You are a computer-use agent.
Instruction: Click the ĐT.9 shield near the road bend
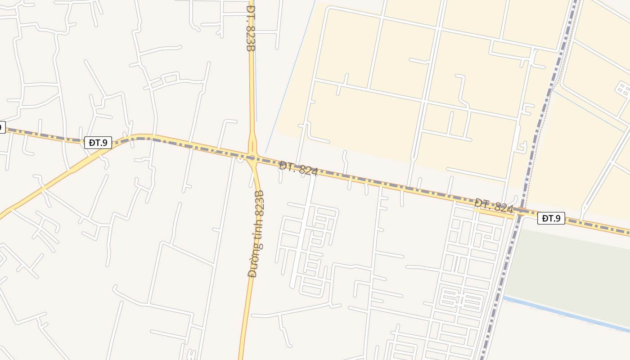98,143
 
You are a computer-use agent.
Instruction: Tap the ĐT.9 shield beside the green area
551,218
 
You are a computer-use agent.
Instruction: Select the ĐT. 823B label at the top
251,28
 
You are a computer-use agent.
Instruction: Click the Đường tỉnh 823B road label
256,234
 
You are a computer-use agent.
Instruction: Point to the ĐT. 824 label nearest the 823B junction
298,169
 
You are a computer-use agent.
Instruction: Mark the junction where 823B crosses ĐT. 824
252,158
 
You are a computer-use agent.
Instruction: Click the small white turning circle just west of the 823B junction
241,159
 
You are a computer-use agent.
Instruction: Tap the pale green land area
571,270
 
